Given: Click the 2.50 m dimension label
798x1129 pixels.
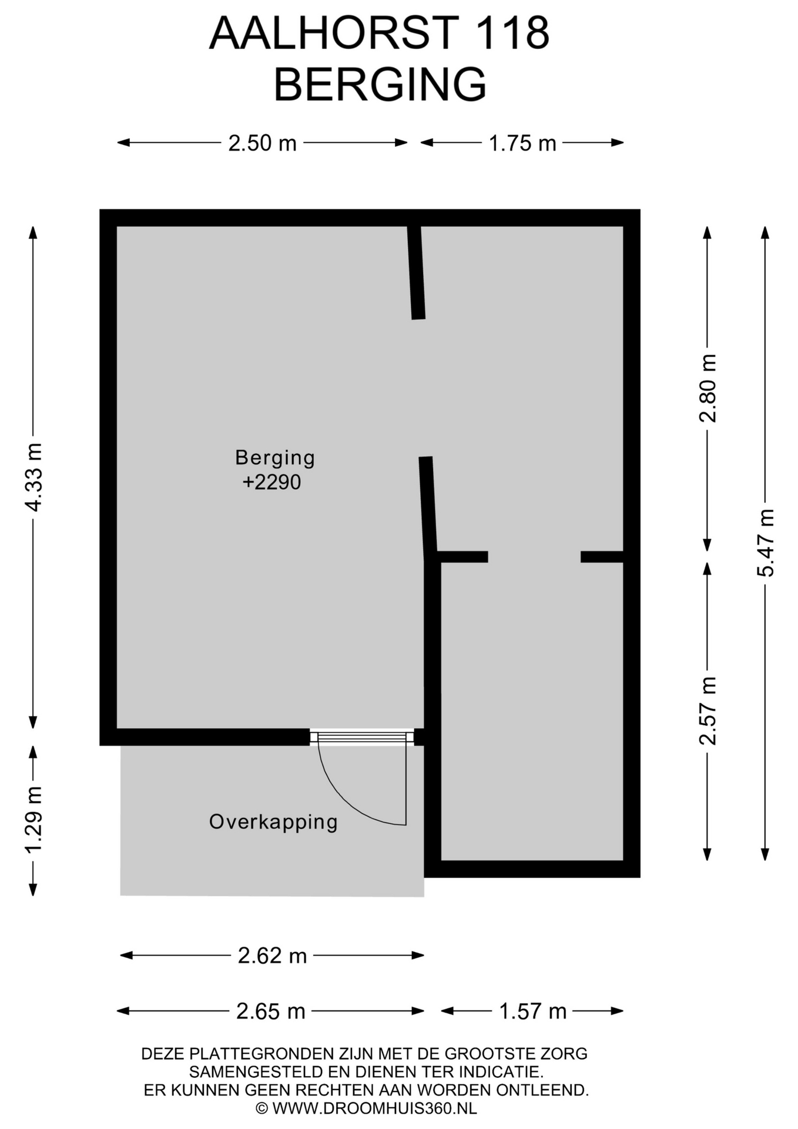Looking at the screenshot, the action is [x=262, y=143].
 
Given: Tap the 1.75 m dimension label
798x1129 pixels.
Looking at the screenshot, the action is [x=522, y=143].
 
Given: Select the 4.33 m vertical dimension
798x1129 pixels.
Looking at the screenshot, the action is [x=33, y=477].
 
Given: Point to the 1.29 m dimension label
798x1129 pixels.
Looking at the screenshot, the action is [x=33, y=819].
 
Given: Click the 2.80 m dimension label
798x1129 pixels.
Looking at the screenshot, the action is [x=708, y=388].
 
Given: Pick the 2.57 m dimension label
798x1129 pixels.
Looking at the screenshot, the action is [x=708, y=710].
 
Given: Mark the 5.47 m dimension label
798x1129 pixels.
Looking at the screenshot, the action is [x=765, y=543].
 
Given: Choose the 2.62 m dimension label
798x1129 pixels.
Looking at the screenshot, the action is [x=272, y=956].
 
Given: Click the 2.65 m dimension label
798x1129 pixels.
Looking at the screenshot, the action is [x=271, y=1011].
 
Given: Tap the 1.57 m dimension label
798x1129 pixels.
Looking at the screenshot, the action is [x=532, y=1011].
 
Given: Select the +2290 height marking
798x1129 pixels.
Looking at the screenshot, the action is [x=271, y=482].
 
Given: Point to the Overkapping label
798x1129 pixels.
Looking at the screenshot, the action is [x=273, y=822].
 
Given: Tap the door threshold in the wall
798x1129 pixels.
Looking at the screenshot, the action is [x=362, y=737].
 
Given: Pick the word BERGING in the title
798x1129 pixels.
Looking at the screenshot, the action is [x=380, y=85].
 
